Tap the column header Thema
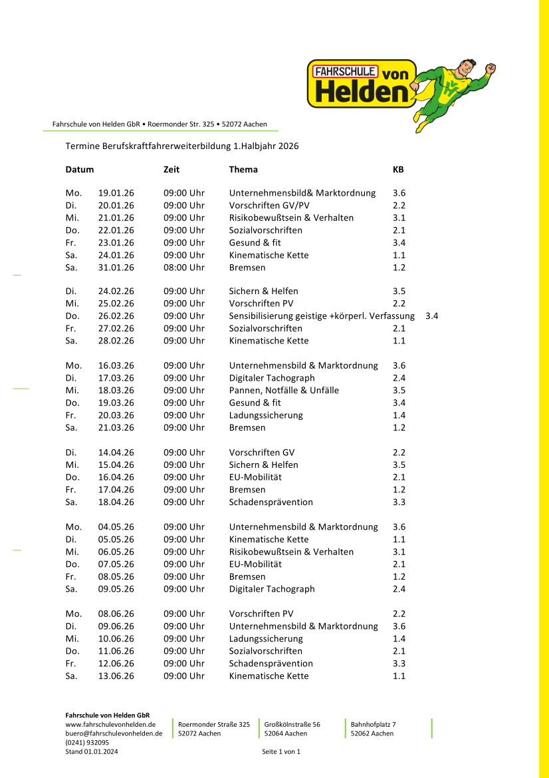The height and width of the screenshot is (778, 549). [243, 170]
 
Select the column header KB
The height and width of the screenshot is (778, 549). [398, 170]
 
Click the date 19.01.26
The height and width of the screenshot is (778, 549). [116, 193]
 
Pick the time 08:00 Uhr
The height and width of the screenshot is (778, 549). [184, 268]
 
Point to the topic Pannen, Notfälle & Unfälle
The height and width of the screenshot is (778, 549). [284, 391]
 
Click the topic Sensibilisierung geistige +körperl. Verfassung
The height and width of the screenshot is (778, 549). [322, 316]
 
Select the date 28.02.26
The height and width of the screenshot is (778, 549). [116, 341]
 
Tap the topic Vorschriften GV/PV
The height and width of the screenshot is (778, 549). [269, 206]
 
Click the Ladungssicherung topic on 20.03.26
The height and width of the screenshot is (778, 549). [266, 415]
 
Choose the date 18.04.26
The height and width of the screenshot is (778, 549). [116, 502]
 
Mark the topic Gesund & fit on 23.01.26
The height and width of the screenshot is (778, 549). [255, 243]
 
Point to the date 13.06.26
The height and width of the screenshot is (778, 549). [116, 676]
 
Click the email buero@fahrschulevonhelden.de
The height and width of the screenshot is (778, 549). [114, 733]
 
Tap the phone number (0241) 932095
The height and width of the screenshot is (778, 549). [87, 743]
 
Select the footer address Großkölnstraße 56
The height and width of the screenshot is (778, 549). [292, 724]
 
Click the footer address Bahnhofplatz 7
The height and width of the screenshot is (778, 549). [373, 724]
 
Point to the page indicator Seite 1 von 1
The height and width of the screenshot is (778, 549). [281, 752]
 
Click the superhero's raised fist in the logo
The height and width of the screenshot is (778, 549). [491, 68]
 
